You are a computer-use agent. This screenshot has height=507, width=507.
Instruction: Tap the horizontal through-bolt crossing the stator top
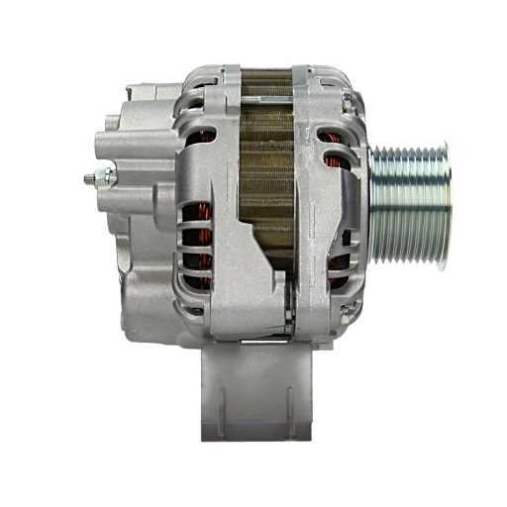point(269,77)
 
